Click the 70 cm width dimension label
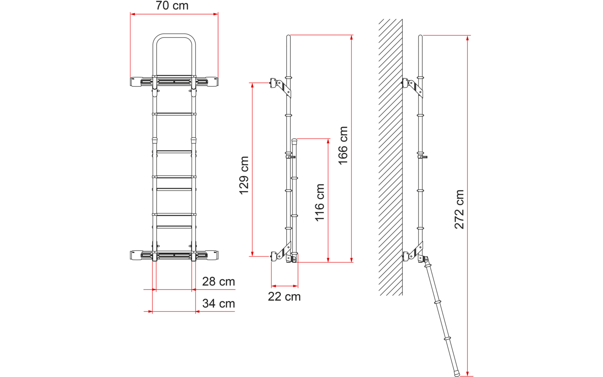coord(172,6)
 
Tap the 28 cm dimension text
coord(218,282)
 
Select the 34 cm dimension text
coord(218,303)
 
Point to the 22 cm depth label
coord(284,297)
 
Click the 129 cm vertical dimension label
coord(244,175)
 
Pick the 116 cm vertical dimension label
coord(320,202)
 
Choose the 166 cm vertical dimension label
coord(343,146)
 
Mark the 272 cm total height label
coord(459,209)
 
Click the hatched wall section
coord(390,158)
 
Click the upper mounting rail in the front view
coord(174,81)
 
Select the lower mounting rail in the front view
coord(174,255)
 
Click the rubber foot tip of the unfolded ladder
coord(457,374)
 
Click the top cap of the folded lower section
coord(294,141)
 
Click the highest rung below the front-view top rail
coord(174,114)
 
